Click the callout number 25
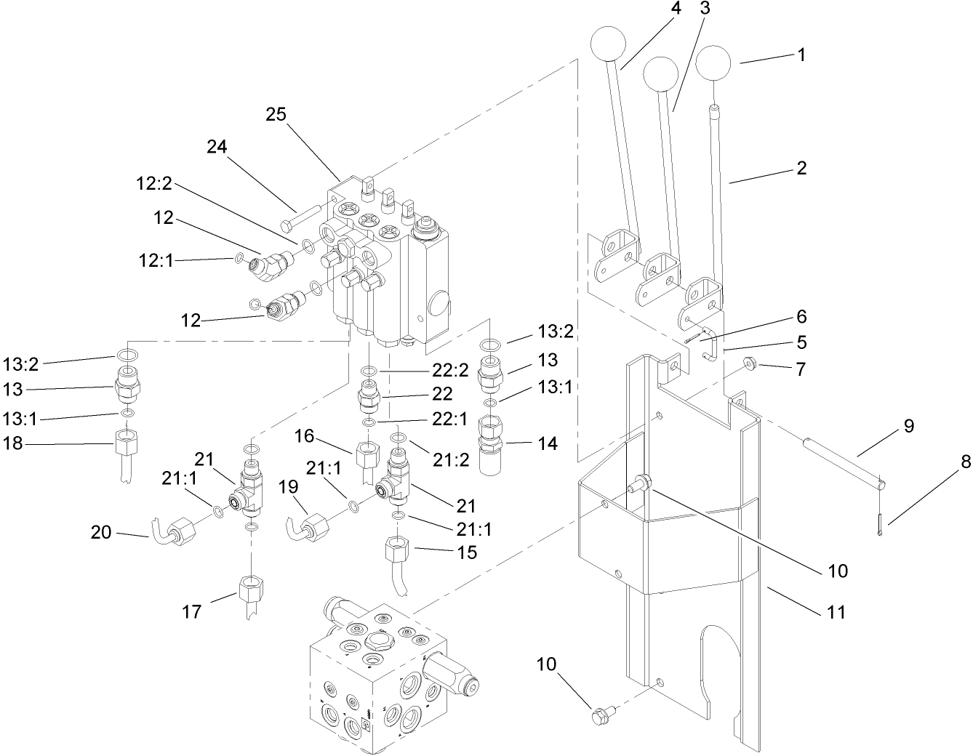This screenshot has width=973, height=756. coord(276,114)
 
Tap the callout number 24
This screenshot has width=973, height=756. coord(217,147)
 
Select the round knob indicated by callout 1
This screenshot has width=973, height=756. coord(716,64)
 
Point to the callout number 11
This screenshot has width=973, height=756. coord(837,612)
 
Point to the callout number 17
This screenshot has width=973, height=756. coord(191,612)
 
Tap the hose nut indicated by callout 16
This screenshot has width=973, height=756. coord(364,460)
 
